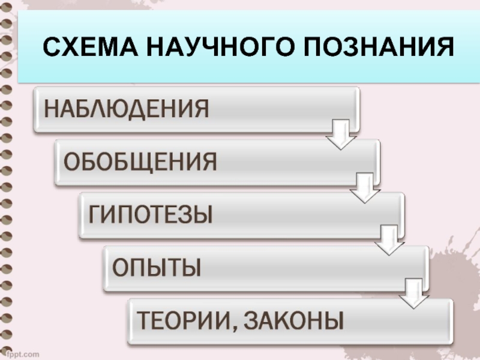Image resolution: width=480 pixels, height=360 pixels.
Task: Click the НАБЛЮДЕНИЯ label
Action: (125, 110)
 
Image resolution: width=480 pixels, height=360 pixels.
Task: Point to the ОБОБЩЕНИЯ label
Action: (140, 162)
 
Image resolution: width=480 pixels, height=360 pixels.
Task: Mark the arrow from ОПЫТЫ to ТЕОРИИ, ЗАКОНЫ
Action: (413, 292)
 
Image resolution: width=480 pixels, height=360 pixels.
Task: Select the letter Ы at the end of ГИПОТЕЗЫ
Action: (203, 214)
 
